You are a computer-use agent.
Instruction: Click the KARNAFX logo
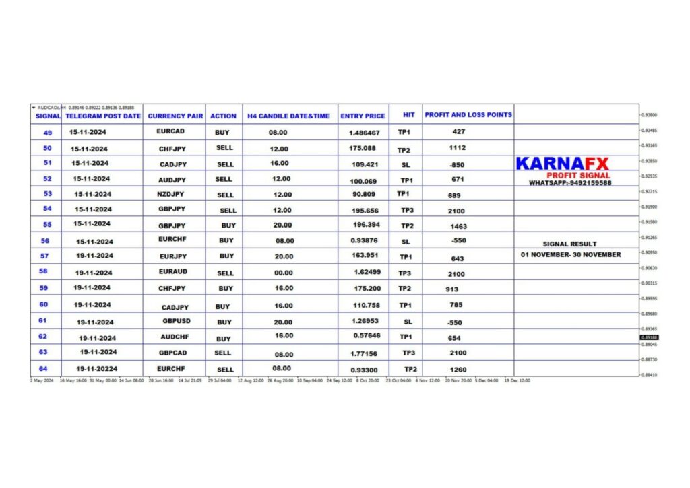(x=562, y=164)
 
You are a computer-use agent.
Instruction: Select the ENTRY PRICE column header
(x=363, y=116)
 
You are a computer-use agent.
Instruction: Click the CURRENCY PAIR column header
(x=175, y=116)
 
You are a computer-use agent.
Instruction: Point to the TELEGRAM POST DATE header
(x=103, y=116)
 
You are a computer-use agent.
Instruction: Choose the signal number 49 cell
(x=48, y=133)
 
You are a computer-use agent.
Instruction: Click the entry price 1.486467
(x=365, y=133)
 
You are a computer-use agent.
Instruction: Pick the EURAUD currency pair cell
(x=173, y=272)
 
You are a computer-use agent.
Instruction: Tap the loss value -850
(x=456, y=165)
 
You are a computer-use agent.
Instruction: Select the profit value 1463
(x=458, y=227)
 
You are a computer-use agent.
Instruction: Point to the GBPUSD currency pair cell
(x=177, y=322)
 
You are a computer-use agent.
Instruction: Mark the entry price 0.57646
(x=367, y=335)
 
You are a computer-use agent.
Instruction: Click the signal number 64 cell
(x=43, y=368)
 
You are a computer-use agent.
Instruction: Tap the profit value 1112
(x=458, y=148)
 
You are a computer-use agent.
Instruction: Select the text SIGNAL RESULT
(x=569, y=244)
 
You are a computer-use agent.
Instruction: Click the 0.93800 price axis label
(x=650, y=115)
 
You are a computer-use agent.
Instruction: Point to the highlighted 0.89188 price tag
(x=650, y=337)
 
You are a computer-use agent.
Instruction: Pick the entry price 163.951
(x=364, y=256)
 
